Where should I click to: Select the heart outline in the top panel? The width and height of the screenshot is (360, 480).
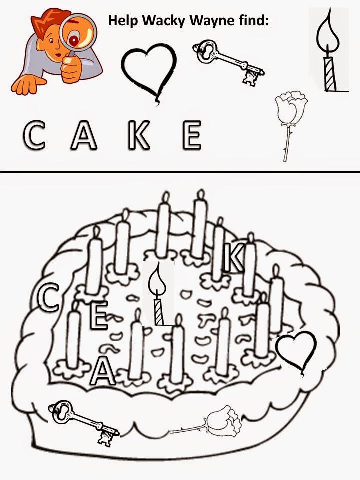(149, 73)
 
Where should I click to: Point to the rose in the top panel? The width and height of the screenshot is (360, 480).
(290, 127)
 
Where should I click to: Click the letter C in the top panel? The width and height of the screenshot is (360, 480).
(34, 135)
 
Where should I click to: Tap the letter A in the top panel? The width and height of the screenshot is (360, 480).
(84, 135)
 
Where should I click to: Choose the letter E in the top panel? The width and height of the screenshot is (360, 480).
(192, 135)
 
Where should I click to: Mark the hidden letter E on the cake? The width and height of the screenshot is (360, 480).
(99, 315)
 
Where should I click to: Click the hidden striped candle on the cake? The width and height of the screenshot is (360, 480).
(158, 294)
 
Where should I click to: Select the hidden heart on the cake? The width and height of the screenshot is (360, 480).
(296, 351)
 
